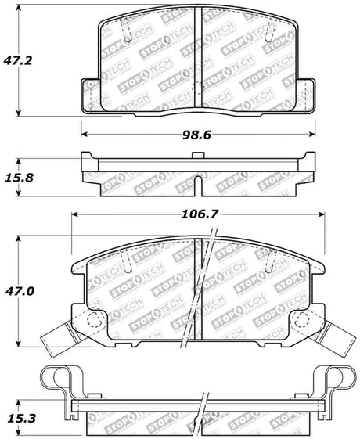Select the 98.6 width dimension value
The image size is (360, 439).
tap(198, 135)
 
